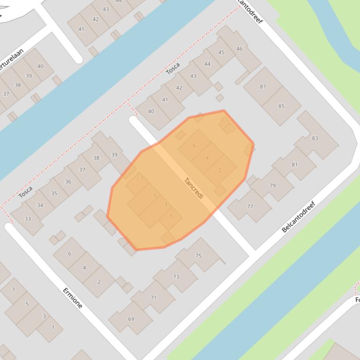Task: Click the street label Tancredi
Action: tap(194, 188)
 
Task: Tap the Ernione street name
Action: tap(73, 298)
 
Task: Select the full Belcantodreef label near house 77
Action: tap(300, 216)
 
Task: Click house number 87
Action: tap(263, 86)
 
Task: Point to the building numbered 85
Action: tap(281, 106)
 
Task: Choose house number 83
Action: tap(315, 138)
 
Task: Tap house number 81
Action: tap(294, 165)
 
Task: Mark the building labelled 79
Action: tap(272, 186)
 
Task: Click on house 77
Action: tap(250, 206)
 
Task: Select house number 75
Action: tap(198, 255)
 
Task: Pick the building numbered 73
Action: tap(176, 277)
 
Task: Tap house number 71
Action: tap(154, 297)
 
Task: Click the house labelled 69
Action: tap(131, 319)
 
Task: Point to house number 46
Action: tap(240, 49)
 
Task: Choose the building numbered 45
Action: tap(221, 52)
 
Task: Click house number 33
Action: tap(28, 219)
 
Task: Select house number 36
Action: tap(68, 181)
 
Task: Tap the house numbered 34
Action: tap(40, 205)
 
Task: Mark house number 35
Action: tap(54, 193)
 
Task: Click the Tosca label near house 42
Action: tap(173, 68)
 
